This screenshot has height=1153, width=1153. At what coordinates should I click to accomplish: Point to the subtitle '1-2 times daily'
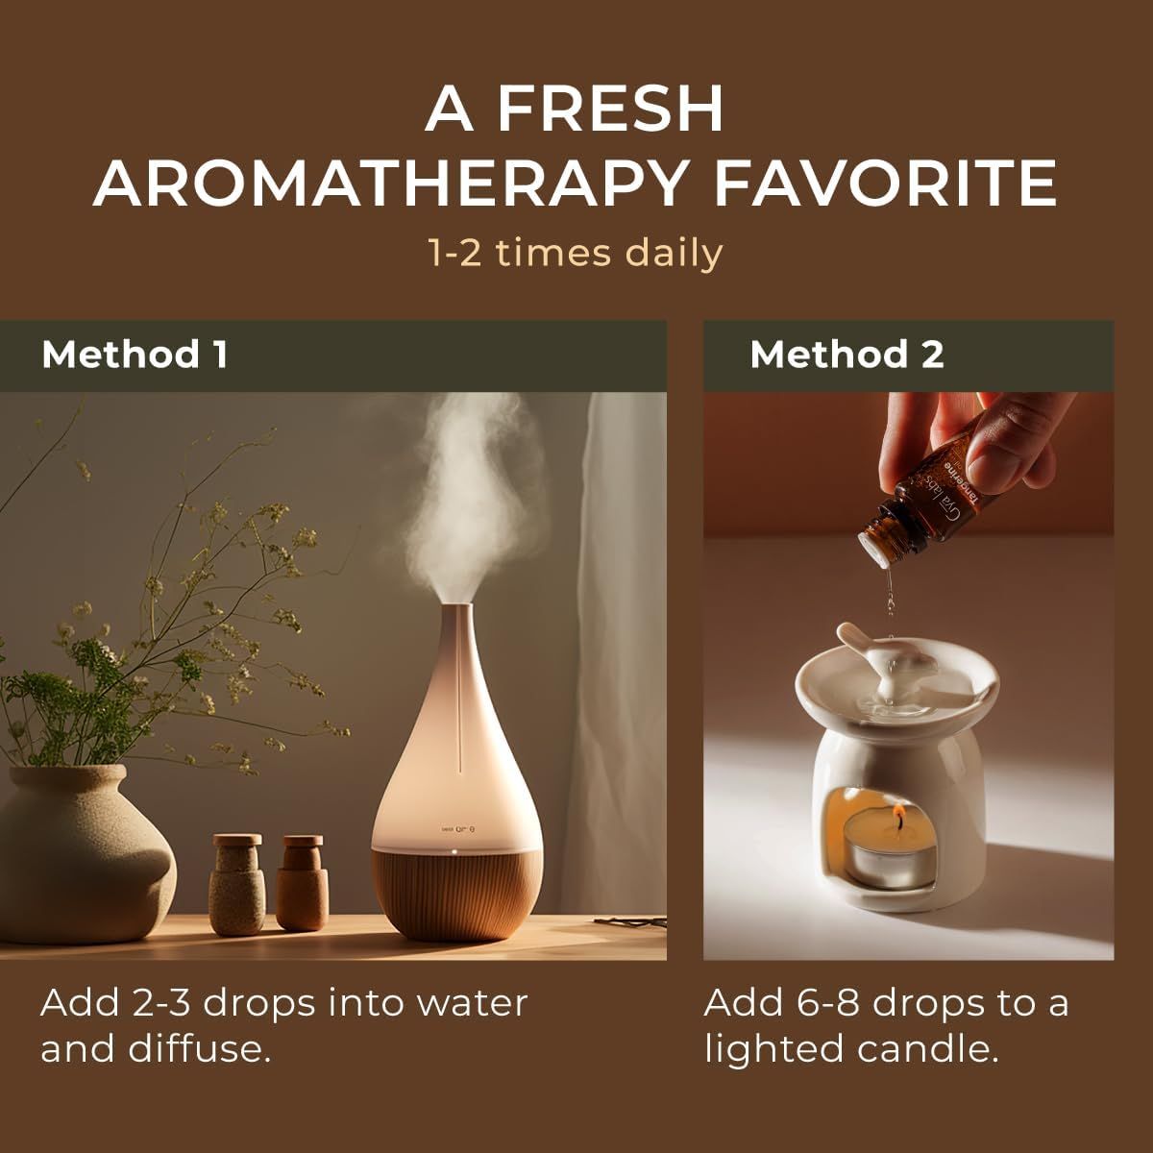[x=575, y=254]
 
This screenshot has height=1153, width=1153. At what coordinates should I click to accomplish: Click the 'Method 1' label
[x=135, y=355]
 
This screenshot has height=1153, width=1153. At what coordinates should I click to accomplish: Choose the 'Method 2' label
[x=846, y=355]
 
